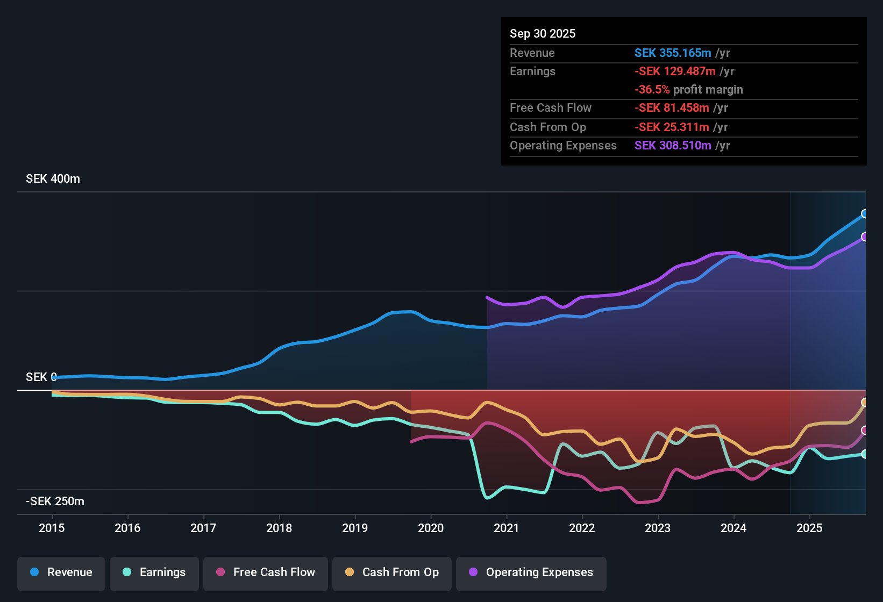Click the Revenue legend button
[x=61, y=572]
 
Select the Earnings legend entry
[x=154, y=572]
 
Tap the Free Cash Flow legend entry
[x=266, y=572]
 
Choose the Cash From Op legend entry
[x=392, y=572]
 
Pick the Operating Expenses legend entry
[x=531, y=572]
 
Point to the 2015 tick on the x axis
[x=52, y=528]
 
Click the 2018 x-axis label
[x=279, y=528]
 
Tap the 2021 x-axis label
[x=507, y=528]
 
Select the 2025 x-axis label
[x=809, y=528]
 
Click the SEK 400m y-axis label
[x=53, y=179]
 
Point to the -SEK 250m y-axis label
[x=55, y=501]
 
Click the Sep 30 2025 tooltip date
[x=543, y=33]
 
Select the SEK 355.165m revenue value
[x=673, y=53]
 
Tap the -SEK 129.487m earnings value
[x=675, y=71]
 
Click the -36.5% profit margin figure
[x=652, y=90]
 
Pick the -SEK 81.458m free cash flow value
[x=672, y=108]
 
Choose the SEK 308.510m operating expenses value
[x=673, y=146]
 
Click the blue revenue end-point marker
[x=864, y=214]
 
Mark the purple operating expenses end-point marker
[x=864, y=237]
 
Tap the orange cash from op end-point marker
[x=864, y=403]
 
